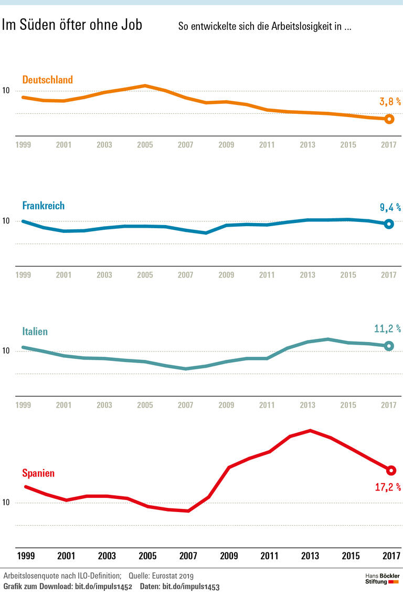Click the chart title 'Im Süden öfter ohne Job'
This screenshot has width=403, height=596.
point(72,25)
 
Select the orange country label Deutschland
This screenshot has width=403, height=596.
point(47,80)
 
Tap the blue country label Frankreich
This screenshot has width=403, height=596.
point(43,206)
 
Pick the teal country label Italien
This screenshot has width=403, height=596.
point(35,332)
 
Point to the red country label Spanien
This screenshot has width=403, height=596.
point(38,473)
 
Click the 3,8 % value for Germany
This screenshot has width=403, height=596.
point(390,102)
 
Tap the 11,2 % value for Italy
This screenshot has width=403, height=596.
point(387,329)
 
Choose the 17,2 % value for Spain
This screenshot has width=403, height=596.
point(388,487)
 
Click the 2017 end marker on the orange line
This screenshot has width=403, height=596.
point(389,119)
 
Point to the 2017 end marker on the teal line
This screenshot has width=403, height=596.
point(389,346)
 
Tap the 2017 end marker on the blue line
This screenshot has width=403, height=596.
point(389,224)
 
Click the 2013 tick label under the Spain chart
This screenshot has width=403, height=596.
point(310,556)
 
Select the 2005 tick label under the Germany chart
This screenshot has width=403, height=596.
point(145,145)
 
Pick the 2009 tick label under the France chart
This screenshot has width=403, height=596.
point(226,275)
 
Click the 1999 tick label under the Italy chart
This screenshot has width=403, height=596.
point(23,405)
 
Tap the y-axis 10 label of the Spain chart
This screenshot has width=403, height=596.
point(6,503)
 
